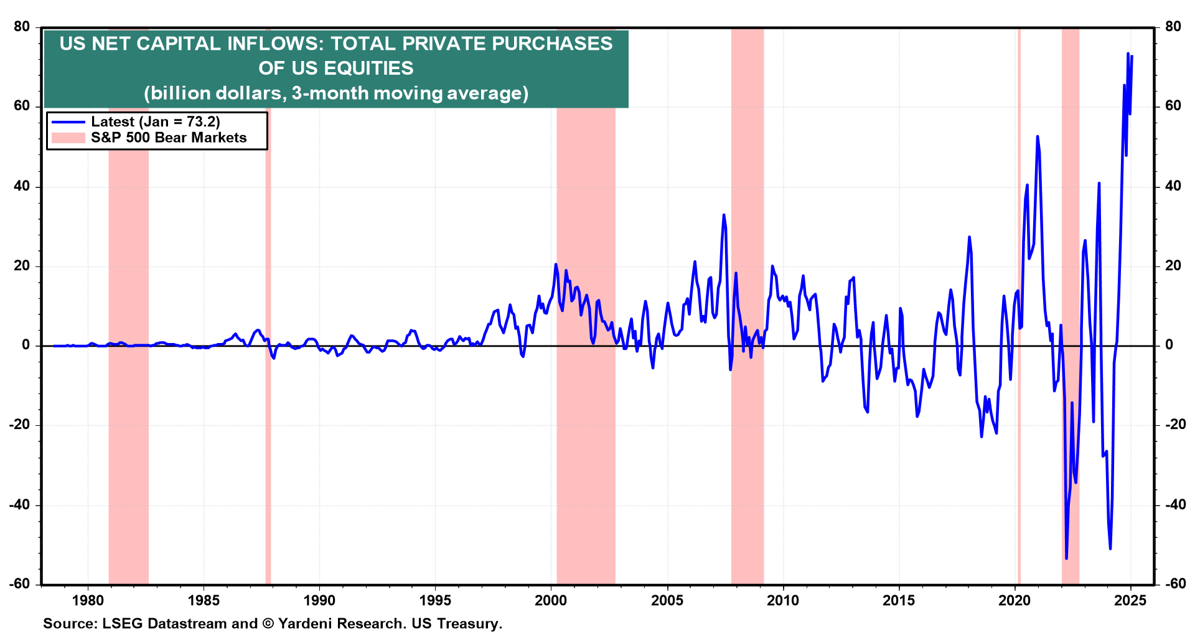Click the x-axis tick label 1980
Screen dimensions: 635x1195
88,601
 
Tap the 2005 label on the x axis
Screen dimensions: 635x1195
667,601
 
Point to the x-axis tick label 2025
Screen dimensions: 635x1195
1130,601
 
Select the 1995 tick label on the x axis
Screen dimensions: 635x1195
435,601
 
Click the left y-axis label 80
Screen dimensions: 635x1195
22,27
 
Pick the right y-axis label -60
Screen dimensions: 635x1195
1172,584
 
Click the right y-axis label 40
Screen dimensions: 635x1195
1173,186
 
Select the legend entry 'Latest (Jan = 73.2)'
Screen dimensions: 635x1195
155,122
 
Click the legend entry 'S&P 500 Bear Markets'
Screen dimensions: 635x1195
169,138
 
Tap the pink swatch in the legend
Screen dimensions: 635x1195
68,138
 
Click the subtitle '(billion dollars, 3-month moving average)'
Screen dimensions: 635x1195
336,93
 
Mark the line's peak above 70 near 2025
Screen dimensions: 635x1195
1128,54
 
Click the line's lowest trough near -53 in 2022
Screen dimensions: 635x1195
1066,558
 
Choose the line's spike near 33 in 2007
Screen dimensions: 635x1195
723,215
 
